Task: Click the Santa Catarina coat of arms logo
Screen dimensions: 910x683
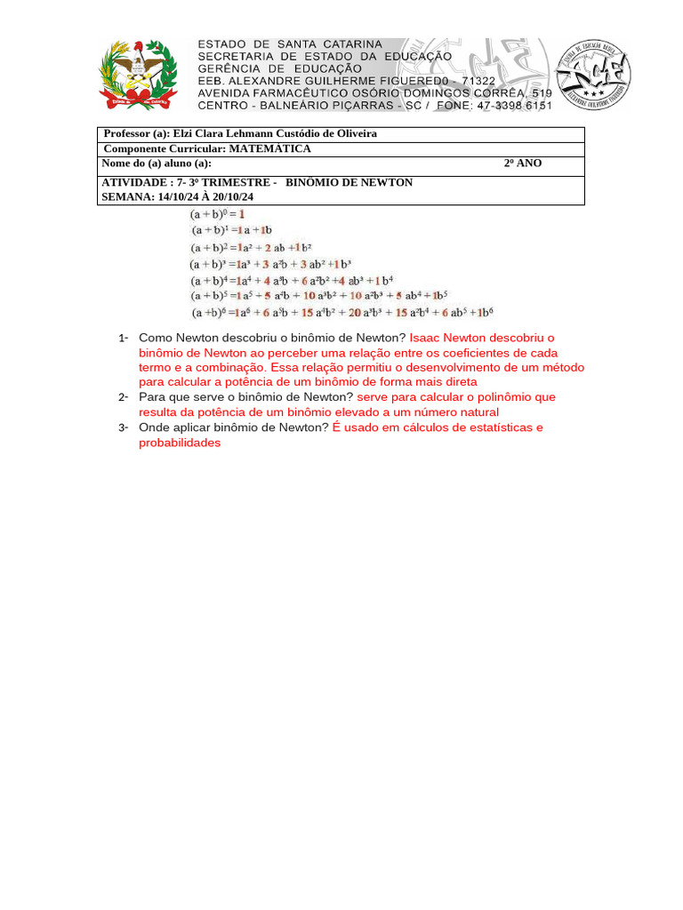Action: click(x=138, y=75)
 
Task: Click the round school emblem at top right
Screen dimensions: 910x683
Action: click(x=592, y=76)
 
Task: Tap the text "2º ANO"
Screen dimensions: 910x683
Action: click(x=522, y=164)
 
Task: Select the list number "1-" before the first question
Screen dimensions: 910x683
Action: click(x=124, y=338)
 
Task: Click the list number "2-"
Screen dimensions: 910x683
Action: click(x=124, y=397)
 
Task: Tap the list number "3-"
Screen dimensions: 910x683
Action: click(x=124, y=427)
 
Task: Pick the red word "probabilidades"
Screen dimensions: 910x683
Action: click(x=180, y=443)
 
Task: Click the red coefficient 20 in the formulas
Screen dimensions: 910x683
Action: click(x=354, y=312)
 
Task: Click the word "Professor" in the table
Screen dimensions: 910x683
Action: click(x=130, y=133)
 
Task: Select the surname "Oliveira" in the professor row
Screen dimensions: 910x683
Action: click(x=352, y=133)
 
